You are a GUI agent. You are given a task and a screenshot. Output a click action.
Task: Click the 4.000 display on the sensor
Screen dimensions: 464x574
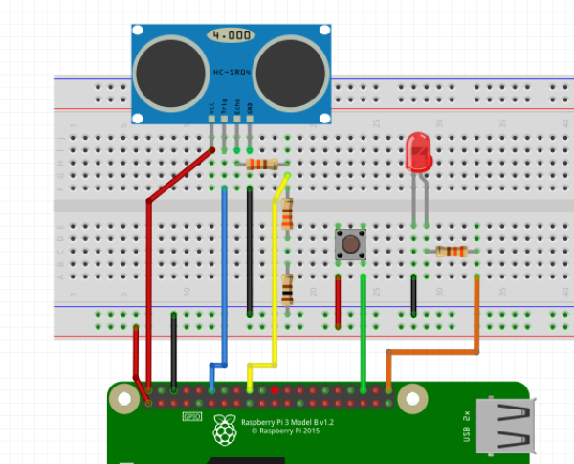click(231, 35)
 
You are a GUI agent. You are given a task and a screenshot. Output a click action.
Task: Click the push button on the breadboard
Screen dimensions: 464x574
click(351, 245)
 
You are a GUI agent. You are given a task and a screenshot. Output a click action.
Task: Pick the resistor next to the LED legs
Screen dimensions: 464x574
click(451, 252)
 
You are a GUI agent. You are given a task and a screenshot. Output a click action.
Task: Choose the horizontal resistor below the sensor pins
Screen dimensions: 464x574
click(263, 165)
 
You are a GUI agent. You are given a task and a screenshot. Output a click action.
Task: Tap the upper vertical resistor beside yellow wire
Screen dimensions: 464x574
click(287, 212)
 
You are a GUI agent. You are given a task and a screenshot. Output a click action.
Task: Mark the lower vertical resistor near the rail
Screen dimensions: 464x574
click(287, 286)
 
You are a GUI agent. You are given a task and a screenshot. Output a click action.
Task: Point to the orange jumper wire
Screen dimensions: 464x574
click(476, 316)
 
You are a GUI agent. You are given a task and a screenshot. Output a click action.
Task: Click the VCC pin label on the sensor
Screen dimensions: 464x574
click(211, 112)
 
